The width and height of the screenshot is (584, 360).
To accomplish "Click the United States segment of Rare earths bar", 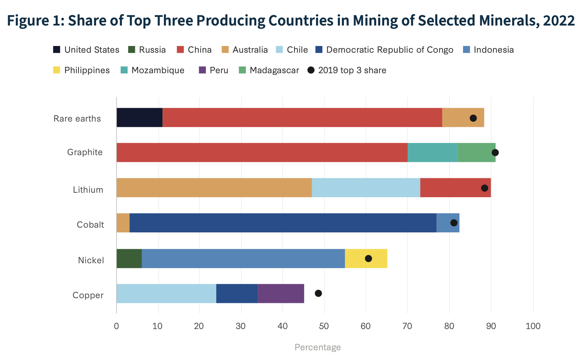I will pyautogui.click(x=139, y=118).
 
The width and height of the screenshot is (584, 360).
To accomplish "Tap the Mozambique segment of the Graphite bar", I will pyautogui.click(x=432, y=152).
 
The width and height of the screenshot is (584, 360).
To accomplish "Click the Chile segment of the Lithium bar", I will pyautogui.click(x=366, y=187).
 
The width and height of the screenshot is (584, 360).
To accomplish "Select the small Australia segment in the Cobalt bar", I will pyautogui.click(x=123, y=223).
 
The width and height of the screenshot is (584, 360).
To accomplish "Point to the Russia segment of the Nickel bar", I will pyautogui.click(x=129, y=258).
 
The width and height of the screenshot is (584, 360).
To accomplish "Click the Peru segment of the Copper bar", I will pyautogui.click(x=281, y=294).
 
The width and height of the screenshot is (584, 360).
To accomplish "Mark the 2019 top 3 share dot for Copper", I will pyautogui.click(x=318, y=294).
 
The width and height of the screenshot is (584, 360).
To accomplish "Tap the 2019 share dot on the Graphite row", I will pyautogui.click(x=495, y=152).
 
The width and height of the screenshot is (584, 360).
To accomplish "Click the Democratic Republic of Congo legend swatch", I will pyautogui.click(x=319, y=50).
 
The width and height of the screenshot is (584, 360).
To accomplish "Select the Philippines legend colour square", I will pyautogui.click(x=57, y=70).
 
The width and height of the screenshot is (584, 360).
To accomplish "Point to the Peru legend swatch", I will pyautogui.click(x=202, y=70).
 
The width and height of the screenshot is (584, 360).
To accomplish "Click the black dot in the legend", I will pyautogui.click(x=311, y=70).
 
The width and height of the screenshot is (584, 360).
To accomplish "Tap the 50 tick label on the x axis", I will pyautogui.click(x=324, y=326).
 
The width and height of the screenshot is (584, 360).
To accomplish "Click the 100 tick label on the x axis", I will pyautogui.click(x=533, y=326).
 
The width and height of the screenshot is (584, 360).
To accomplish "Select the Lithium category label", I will pyautogui.click(x=88, y=190).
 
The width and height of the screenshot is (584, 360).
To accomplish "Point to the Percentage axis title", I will pyautogui.click(x=317, y=347).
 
